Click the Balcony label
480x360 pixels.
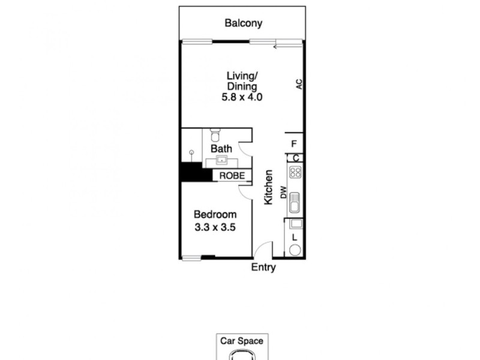pos(244,24)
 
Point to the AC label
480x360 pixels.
pos(298,84)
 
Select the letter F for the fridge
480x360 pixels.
pos(294,144)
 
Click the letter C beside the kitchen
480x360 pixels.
pos(295,158)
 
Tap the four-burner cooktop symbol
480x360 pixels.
pos(295,173)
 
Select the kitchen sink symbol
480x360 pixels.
pos(295,205)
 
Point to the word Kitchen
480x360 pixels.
pos(269,187)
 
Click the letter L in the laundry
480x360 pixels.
pos(294,238)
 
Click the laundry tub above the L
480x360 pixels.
pos(295,224)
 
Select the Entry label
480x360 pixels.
pos(263,268)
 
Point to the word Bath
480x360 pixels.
pos(221,147)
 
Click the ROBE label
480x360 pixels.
pos(232,176)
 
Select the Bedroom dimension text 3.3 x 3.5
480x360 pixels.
pos(215,227)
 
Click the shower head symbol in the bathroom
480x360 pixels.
pos(192,154)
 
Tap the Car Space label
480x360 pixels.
pos(242,341)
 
